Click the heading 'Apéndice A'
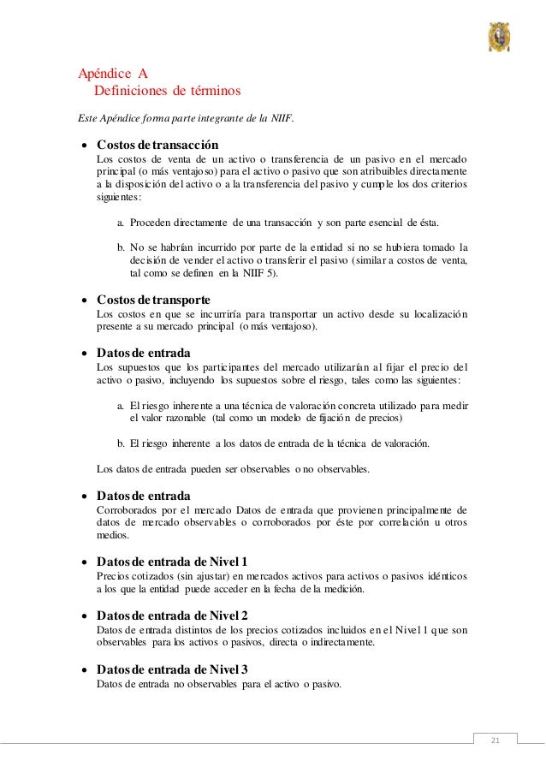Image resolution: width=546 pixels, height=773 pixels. coord(113,74)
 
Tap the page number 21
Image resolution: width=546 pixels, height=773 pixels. coord(491,739)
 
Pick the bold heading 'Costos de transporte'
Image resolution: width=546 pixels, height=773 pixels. coord(153,301)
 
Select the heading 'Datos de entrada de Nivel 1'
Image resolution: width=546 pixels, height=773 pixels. coord(172,562)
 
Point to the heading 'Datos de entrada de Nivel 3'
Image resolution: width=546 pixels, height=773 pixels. coord(172,669)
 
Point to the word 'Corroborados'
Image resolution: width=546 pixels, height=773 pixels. coord(128,510)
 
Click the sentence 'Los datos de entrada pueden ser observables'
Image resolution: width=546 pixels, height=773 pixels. coord(233,469)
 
